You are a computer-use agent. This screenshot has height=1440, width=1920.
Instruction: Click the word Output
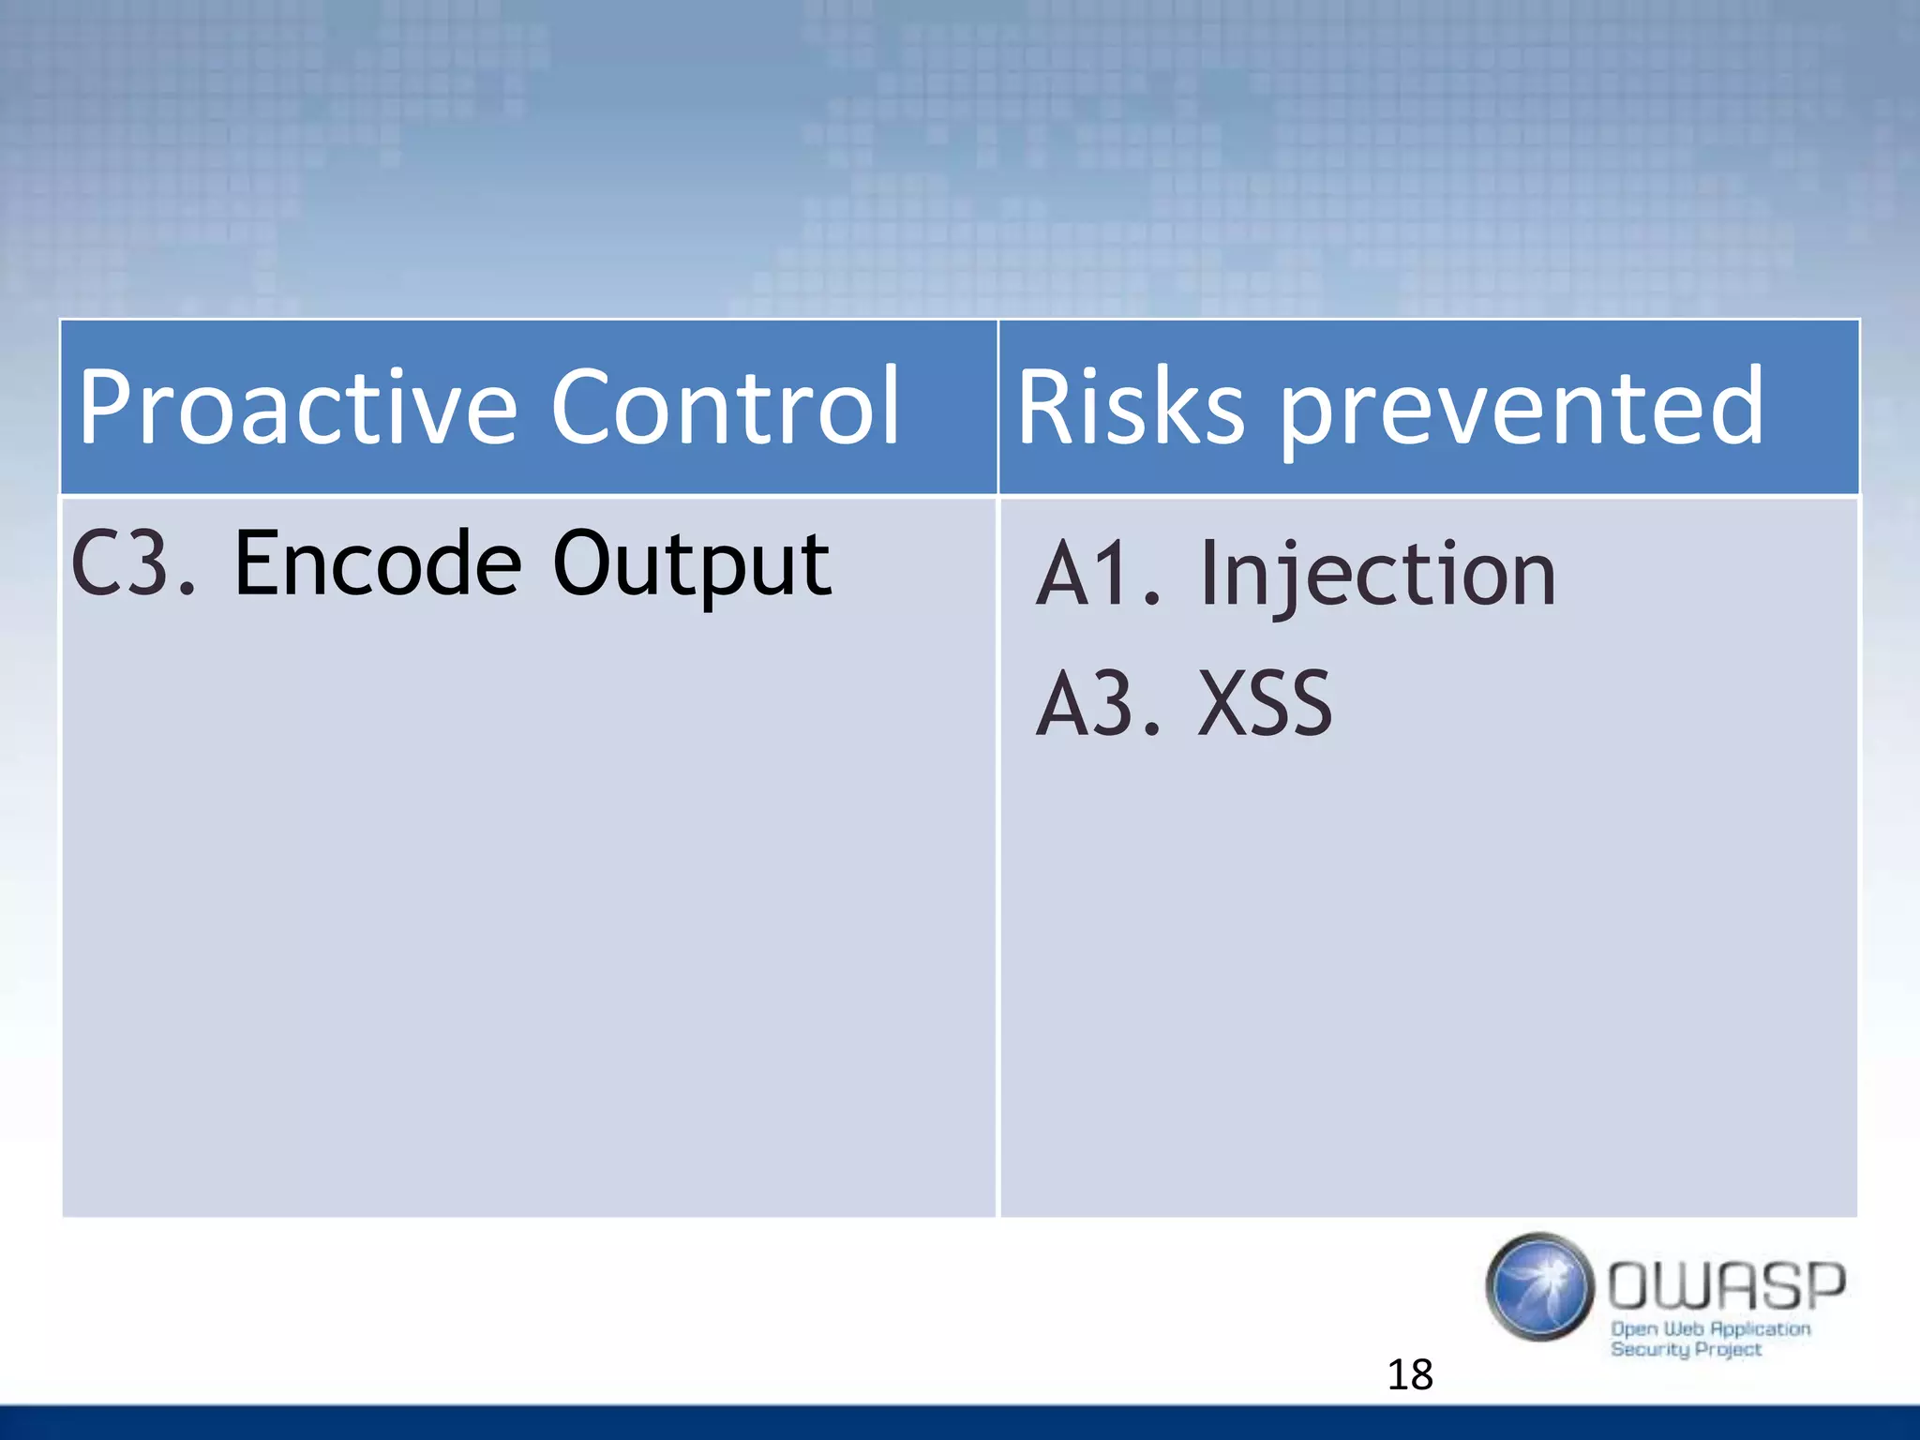point(691,564)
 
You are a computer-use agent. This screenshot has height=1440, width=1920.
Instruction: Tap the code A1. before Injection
point(1099,573)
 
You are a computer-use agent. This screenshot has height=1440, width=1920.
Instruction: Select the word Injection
point(1377,575)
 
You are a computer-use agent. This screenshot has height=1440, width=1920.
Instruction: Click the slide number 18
point(1409,1374)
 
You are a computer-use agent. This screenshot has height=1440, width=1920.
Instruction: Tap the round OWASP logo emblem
point(1538,1286)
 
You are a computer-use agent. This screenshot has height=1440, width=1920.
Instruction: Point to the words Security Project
point(1685,1349)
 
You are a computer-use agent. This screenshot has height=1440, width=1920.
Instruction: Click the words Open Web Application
point(1710,1328)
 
